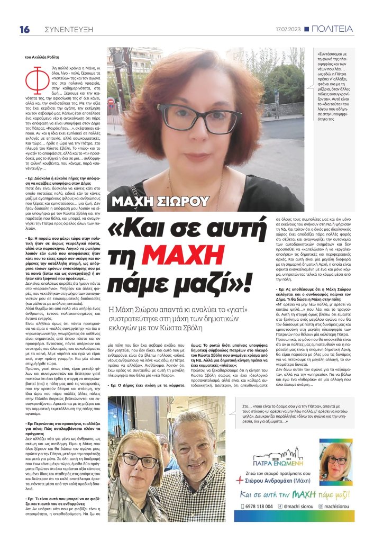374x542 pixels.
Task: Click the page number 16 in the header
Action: (24, 29)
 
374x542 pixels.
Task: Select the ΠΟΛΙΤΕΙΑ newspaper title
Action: (332, 29)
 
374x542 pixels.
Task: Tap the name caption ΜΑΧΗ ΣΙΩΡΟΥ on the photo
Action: (161, 202)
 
